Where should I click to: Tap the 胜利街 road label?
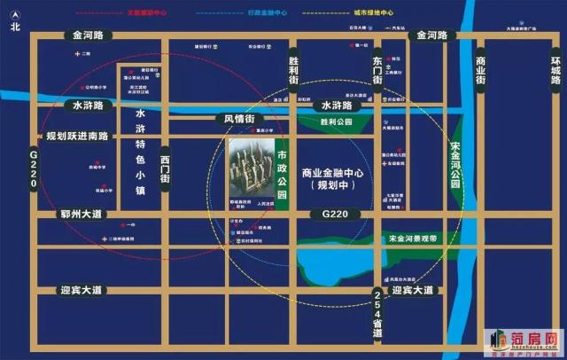click(294, 70)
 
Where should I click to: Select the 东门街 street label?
click(377, 69)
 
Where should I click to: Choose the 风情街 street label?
click(239, 119)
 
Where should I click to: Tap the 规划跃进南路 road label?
click(77, 137)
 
